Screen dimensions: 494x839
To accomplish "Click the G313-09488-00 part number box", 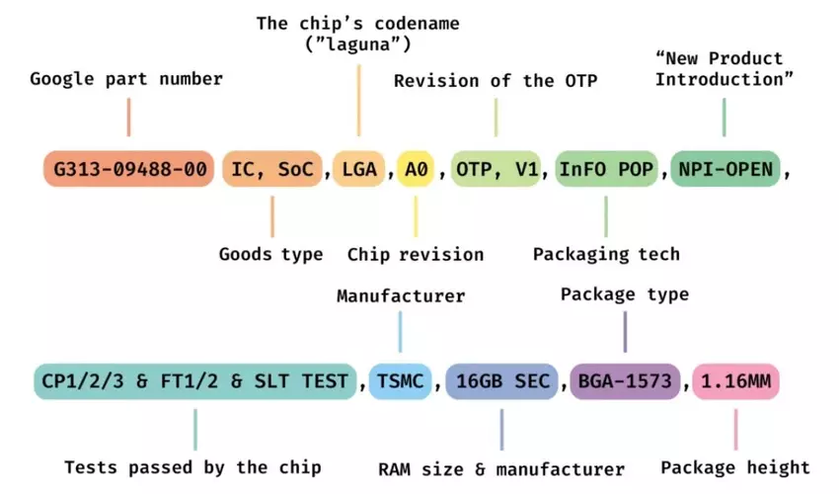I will click(x=129, y=169).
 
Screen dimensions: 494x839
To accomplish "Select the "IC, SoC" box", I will click(x=272, y=169).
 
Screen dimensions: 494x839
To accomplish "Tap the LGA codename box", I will click(x=359, y=169).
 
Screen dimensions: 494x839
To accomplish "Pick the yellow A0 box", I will click(x=417, y=169).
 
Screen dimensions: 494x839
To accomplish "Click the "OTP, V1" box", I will click(x=496, y=169).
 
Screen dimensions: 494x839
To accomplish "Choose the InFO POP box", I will click(x=606, y=169).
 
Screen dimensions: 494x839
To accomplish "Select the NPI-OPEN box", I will click(x=725, y=169).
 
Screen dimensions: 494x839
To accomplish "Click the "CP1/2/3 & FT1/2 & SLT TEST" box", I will click(x=194, y=380).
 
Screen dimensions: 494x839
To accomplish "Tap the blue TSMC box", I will click(x=400, y=380).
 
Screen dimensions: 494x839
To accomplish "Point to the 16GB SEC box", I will click(x=501, y=380).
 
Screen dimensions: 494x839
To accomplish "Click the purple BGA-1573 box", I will click(x=625, y=380).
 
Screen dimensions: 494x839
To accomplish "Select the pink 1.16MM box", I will click(x=735, y=380).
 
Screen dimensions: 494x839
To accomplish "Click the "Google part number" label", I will click(x=126, y=79).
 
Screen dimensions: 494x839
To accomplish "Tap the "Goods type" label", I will click(x=270, y=254).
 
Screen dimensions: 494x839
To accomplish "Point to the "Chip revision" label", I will click(x=416, y=254).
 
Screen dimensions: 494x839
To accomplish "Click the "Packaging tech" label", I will click(x=606, y=254).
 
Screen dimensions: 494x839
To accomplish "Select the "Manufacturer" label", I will click(x=400, y=295).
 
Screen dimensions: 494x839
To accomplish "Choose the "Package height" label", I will click(x=735, y=466).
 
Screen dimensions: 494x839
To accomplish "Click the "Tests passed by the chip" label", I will click(x=192, y=466).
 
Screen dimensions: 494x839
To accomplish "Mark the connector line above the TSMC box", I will click(x=400, y=331).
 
